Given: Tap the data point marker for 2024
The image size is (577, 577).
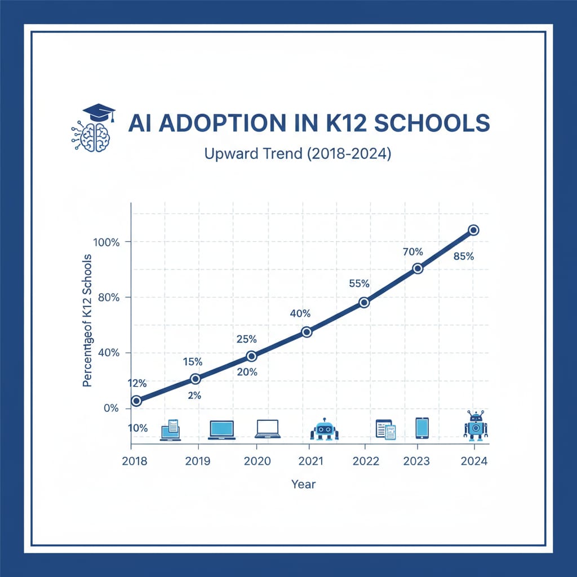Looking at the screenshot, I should click(473, 230).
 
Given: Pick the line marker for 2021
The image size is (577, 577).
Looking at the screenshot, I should click(307, 332).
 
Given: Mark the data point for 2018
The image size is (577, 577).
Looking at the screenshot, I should click(136, 401).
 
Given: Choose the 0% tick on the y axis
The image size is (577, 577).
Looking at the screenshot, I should click(111, 408).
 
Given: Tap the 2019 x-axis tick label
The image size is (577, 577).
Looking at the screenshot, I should click(197, 460).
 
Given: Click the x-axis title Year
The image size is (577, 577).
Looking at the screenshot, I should click(303, 484).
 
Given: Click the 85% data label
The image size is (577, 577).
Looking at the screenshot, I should click(463, 256).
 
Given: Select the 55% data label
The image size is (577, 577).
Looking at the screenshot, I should click(359, 283).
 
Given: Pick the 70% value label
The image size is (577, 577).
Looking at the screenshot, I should click(412, 252).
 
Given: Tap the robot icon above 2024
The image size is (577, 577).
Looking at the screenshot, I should click(476, 425).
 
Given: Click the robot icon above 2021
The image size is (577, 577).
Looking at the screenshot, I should click(324, 429).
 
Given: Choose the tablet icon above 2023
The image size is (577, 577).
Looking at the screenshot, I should click(422, 428).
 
